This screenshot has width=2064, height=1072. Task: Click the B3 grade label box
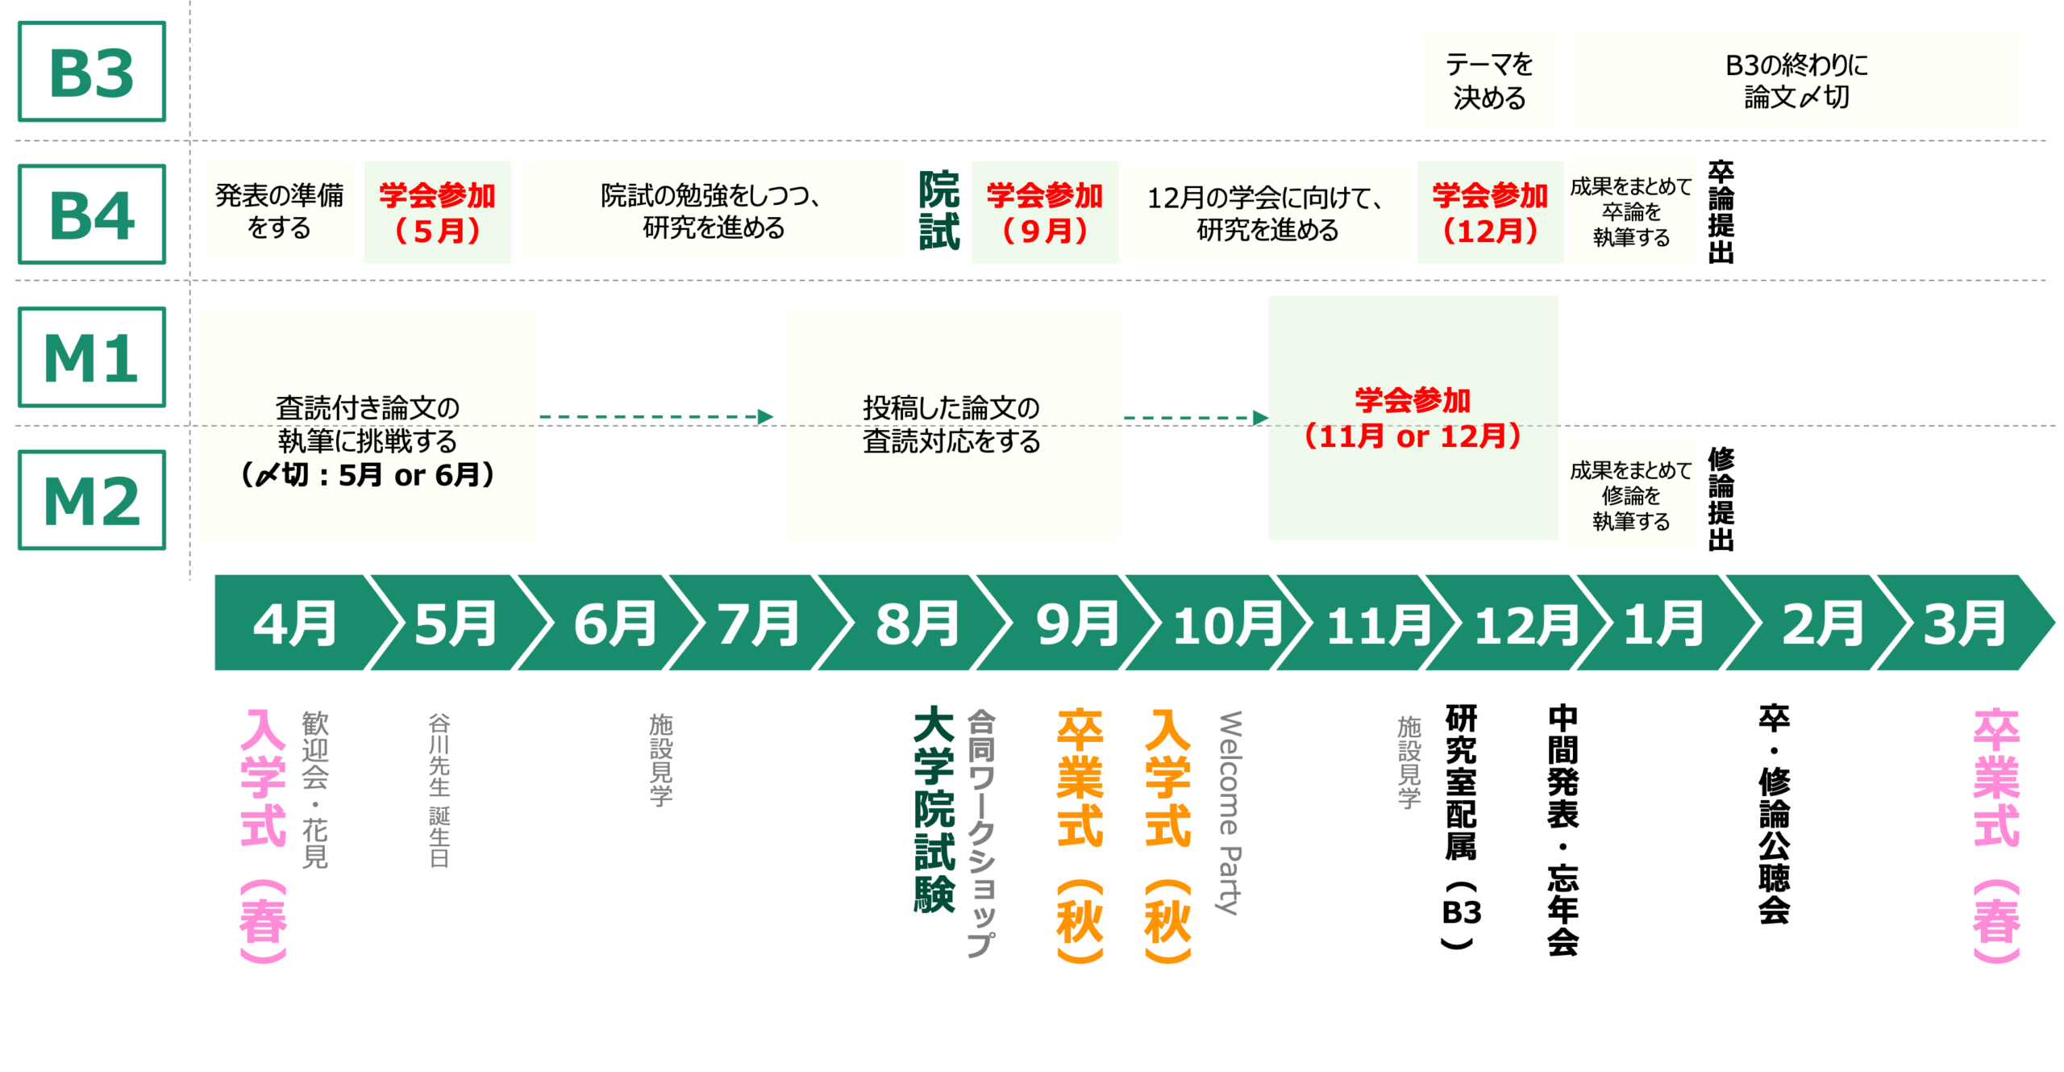(x=92, y=72)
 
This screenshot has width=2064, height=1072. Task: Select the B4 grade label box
(x=92, y=215)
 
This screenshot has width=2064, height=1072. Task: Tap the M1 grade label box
(x=92, y=357)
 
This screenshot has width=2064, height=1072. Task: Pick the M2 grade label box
(x=92, y=500)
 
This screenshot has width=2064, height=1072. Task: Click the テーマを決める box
(x=1489, y=81)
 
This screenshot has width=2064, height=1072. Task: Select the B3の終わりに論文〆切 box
(x=1796, y=81)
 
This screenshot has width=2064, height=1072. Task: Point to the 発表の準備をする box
(x=279, y=211)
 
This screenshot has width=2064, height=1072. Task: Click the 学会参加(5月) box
(x=437, y=212)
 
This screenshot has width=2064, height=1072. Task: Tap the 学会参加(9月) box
(x=1045, y=212)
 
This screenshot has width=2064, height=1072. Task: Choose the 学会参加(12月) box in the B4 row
(x=1490, y=212)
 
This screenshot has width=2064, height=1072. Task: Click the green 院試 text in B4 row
(x=939, y=211)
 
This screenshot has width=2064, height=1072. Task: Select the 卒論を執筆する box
(x=1631, y=211)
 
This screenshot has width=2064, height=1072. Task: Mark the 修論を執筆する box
(x=1631, y=495)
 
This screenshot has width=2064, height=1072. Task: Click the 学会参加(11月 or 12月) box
(x=1413, y=418)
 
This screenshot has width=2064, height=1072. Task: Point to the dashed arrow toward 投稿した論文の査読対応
(x=657, y=417)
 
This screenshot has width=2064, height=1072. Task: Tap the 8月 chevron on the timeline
(x=918, y=624)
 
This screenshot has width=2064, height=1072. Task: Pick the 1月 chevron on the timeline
(x=1662, y=624)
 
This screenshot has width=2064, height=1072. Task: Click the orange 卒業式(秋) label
(x=1080, y=835)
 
